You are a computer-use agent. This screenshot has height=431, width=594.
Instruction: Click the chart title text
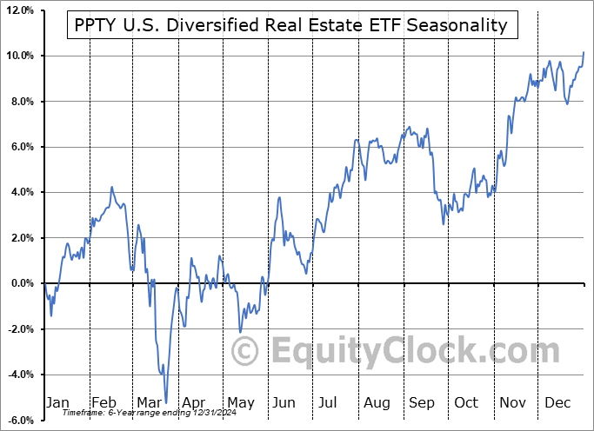point(291,25)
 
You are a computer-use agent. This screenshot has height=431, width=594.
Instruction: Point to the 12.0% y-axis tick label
point(18,10)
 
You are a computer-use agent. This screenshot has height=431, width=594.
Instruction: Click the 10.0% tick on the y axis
point(18,56)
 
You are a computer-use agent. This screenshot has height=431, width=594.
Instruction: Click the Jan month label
point(57,403)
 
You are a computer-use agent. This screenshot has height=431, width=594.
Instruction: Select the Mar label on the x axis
point(149,403)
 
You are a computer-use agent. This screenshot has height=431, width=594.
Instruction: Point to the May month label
point(241,403)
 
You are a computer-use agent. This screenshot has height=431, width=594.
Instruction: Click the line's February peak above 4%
point(111,187)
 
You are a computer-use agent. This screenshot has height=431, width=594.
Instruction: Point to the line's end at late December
point(584,52)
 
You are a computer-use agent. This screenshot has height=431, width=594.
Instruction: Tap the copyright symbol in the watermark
point(246,352)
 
